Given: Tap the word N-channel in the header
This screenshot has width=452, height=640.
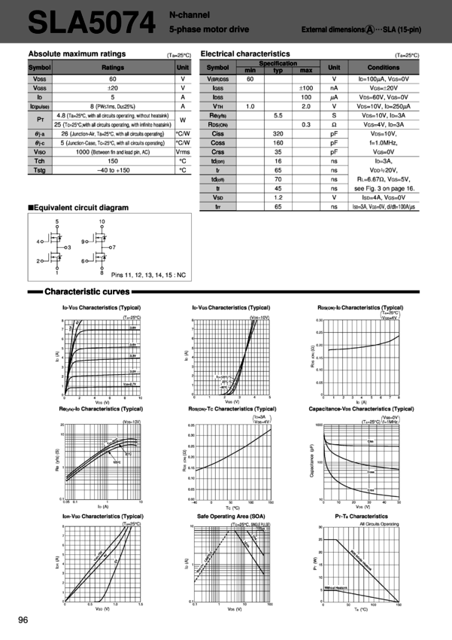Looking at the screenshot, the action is (x=190, y=14).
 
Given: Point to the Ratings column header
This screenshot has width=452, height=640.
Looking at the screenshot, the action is (x=113, y=67).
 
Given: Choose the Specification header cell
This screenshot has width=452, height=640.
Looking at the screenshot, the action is (x=278, y=64).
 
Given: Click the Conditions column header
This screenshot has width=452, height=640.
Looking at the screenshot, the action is (x=384, y=67).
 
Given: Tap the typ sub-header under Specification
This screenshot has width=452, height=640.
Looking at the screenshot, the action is (x=278, y=70).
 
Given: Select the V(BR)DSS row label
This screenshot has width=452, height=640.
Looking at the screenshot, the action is (x=217, y=78).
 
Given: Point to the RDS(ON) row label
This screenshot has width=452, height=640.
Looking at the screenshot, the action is (x=217, y=124).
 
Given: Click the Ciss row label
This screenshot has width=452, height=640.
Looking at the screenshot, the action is (x=217, y=133).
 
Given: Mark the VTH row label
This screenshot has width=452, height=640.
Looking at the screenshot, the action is (x=217, y=105).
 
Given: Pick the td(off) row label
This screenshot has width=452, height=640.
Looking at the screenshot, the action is (x=217, y=178).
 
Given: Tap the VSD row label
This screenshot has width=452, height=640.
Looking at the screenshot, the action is (x=217, y=197).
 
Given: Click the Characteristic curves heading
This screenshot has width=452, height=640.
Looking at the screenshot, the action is (x=87, y=291).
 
